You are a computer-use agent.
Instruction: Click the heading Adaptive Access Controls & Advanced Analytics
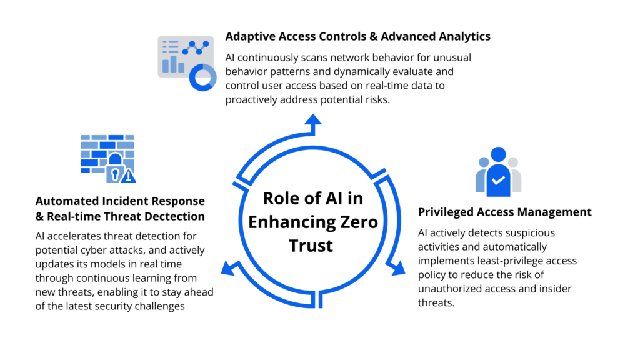(357, 37)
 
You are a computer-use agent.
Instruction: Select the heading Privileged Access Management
(504, 212)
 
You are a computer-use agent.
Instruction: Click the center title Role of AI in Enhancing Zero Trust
(321, 222)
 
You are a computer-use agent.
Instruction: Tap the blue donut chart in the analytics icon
(202, 76)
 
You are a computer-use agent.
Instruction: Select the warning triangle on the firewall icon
(129, 176)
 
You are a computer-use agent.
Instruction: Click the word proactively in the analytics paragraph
(254, 99)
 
